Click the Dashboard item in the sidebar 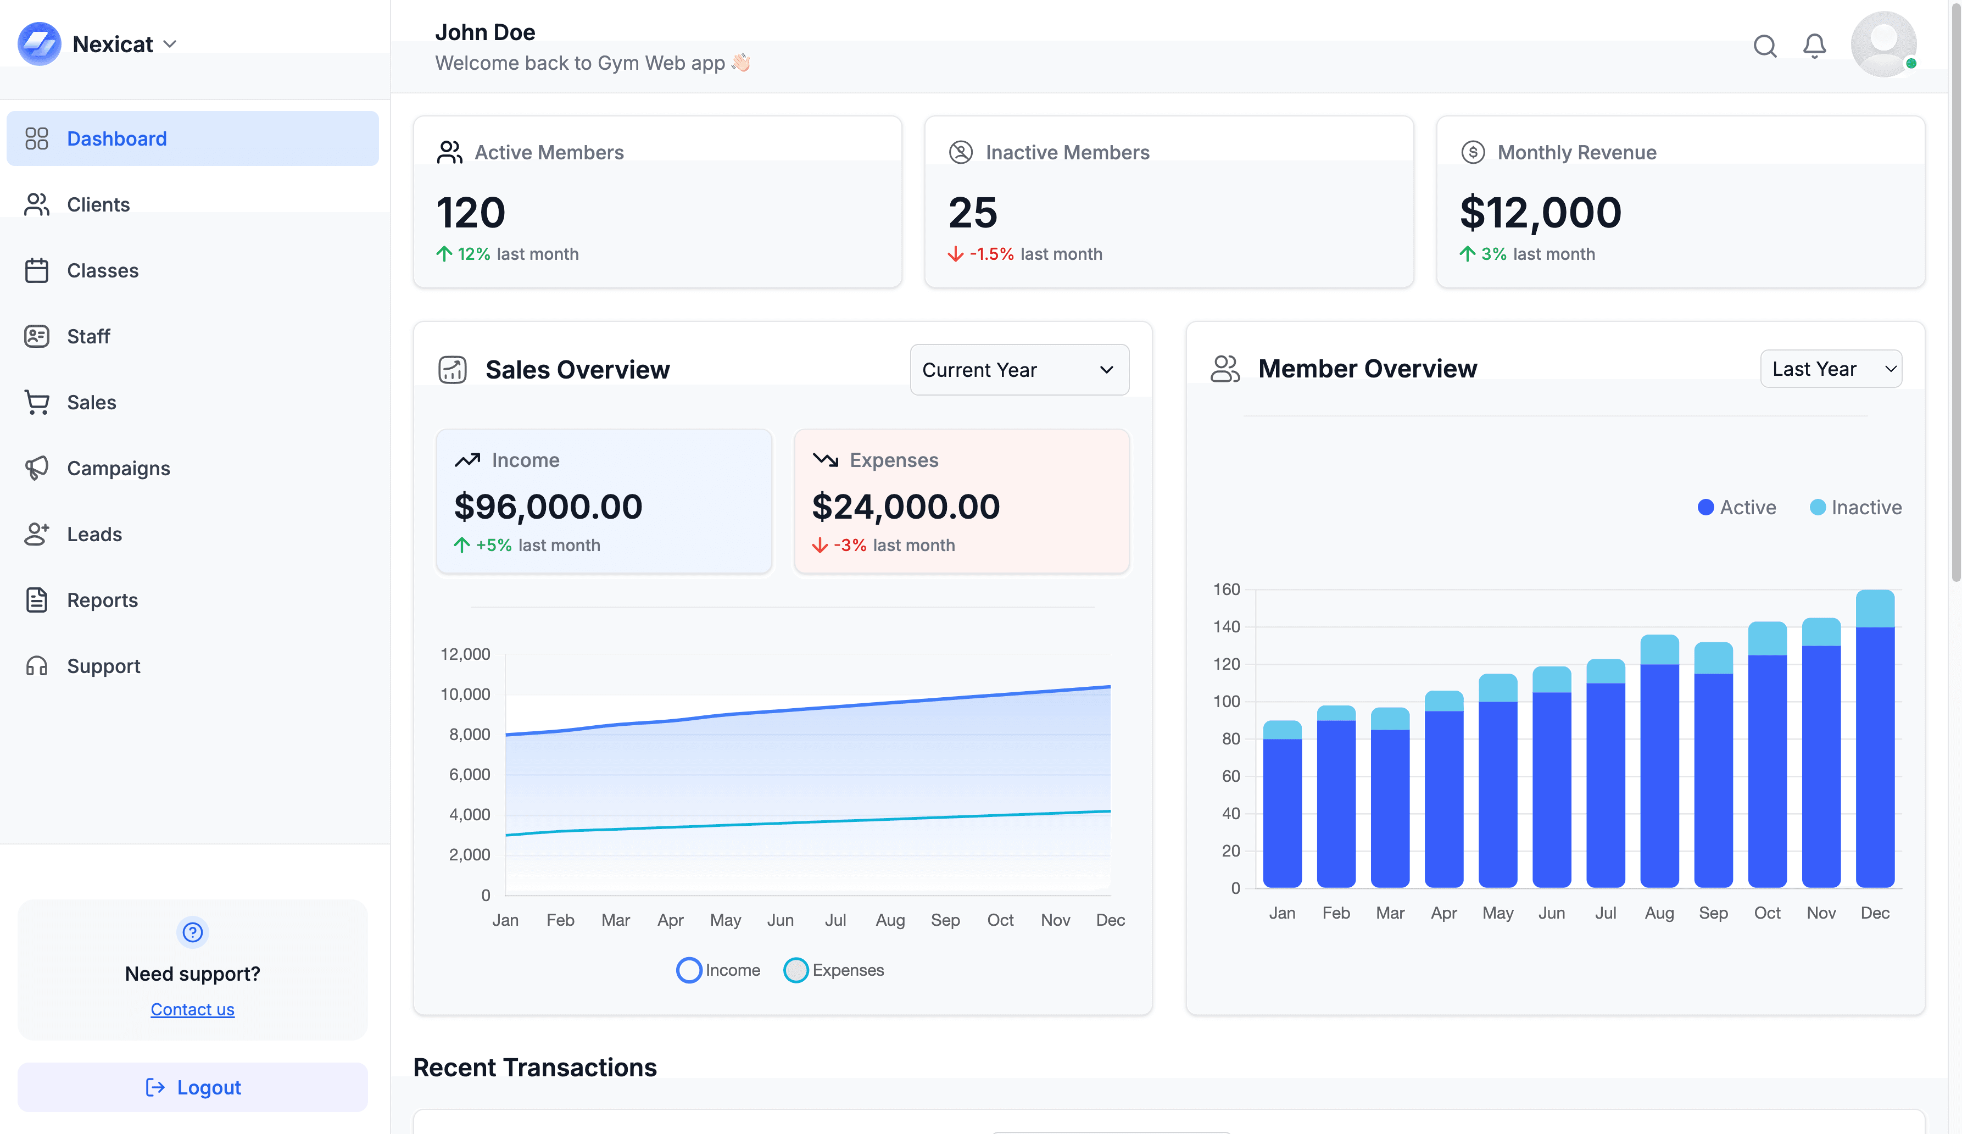117,138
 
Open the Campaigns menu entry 118,468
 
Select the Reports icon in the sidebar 37,600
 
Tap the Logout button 193,1087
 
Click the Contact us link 192,1009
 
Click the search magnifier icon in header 1765,46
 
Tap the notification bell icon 1815,46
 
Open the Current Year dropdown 1019,370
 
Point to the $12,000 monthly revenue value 1540,213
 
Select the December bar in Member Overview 1875,740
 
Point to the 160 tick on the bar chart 1226,590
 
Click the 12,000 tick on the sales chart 466,654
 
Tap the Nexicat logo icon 39,43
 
